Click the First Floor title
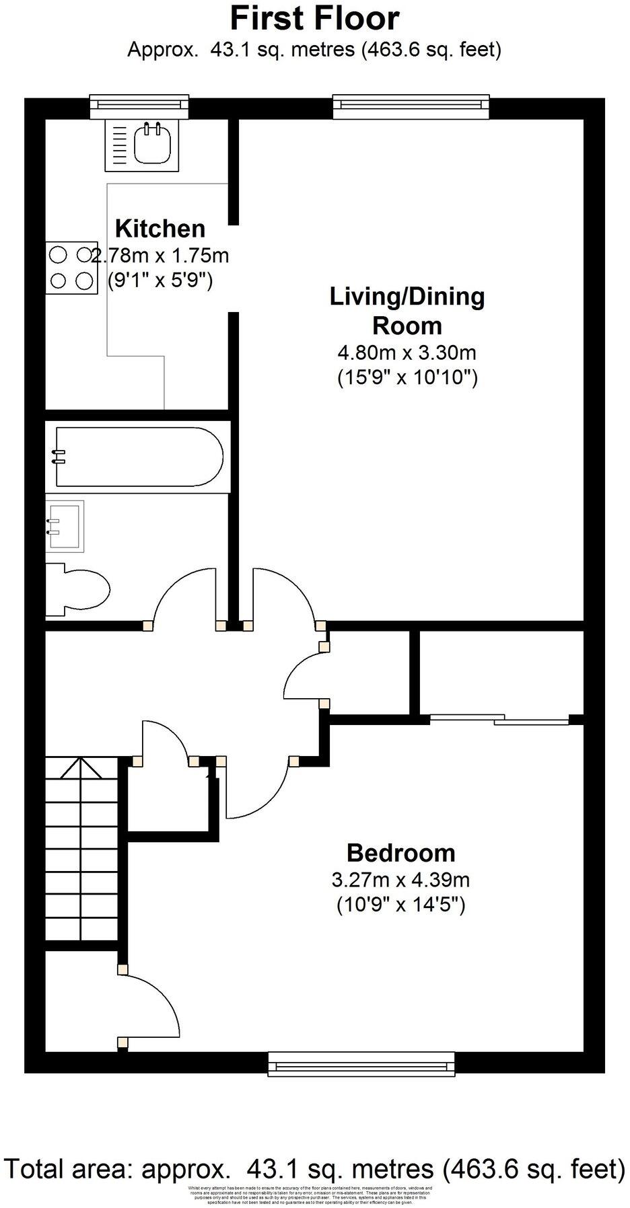[314, 18]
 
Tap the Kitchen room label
[160, 229]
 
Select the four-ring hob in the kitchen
[70, 268]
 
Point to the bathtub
[138, 457]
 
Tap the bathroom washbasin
[65, 526]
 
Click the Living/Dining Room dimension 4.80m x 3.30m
[407, 352]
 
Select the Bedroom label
[400, 853]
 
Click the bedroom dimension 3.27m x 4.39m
[400, 879]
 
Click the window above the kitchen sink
[141, 104]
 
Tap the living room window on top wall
[411, 104]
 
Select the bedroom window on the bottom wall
[363, 1063]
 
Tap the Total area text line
[314, 1169]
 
